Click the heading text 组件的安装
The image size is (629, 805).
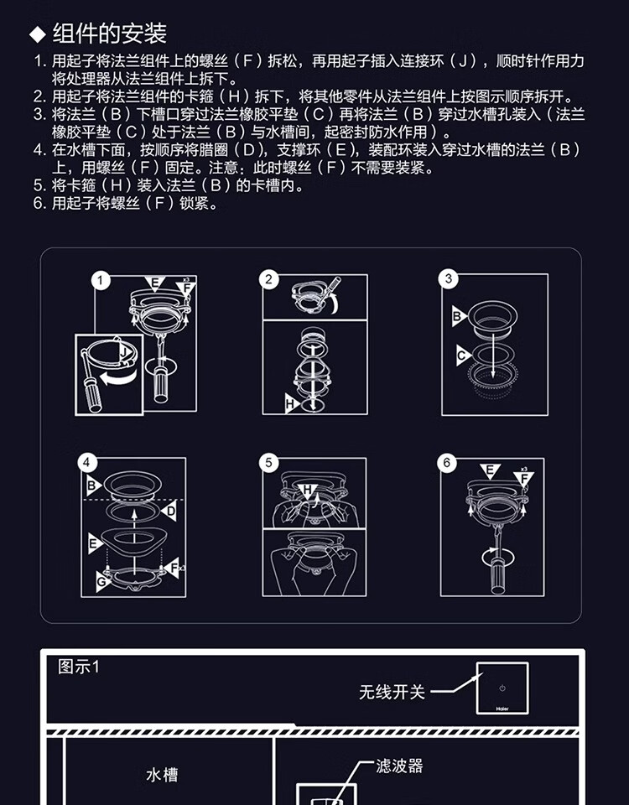tap(110, 34)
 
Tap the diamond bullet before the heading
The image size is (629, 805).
tap(37, 34)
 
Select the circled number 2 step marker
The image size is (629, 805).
tap(269, 280)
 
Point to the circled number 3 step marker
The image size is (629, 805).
tap(450, 279)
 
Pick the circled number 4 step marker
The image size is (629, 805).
tap(87, 463)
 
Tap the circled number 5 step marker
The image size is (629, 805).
tap(269, 463)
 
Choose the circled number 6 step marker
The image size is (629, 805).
tap(448, 463)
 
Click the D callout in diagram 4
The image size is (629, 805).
tap(170, 510)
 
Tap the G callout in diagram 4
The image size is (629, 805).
tap(102, 579)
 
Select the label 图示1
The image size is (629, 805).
tap(78, 667)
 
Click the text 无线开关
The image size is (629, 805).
tap(392, 693)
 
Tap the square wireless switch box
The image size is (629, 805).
tap(502, 688)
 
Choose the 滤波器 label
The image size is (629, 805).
tap(400, 766)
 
